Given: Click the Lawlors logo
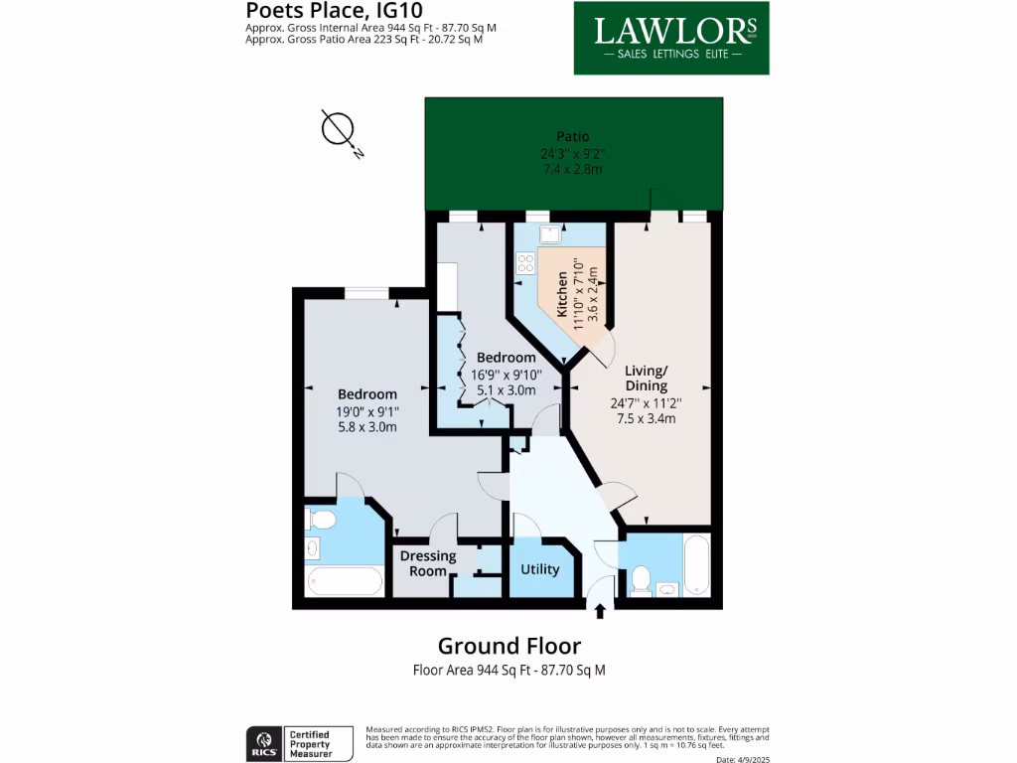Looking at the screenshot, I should coord(671,38).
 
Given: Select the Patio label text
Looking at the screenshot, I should coord(572,137).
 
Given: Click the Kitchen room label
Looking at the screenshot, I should coord(562,293).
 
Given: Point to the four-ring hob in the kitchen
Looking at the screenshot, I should coord(524,264).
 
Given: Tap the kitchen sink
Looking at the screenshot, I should coord(550,233).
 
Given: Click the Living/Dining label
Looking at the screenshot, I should coord(646,378).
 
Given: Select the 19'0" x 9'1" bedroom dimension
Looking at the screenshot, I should coord(366,411).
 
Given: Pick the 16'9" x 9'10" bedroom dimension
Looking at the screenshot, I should coord(506,375).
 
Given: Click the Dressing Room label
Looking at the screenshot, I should coord(428,563).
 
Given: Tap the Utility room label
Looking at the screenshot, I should coord(540,569).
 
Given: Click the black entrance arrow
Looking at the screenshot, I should coord(600,611).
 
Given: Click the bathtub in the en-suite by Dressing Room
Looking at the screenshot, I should coord(345,580).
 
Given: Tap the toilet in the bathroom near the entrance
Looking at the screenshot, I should coord(641,578).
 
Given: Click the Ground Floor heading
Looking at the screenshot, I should coord(508,646).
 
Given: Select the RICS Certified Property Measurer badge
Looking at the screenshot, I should coord(299,743).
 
